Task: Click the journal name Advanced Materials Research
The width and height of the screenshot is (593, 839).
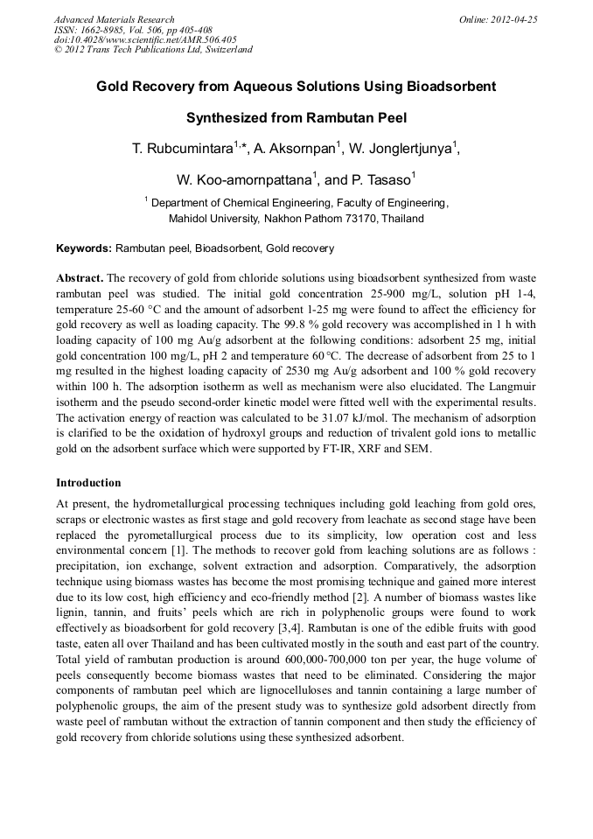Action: [x=114, y=19]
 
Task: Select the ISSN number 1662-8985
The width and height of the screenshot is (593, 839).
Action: [x=102, y=29]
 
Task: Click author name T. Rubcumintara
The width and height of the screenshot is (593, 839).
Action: [x=181, y=150]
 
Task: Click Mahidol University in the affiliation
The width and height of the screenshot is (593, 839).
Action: [x=212, y=218]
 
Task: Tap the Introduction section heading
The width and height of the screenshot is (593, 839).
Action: [x=88, y=483]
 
